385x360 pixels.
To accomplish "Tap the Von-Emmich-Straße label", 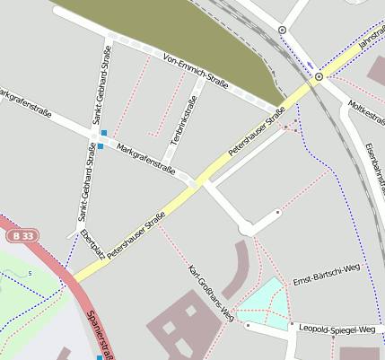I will coord(197,72).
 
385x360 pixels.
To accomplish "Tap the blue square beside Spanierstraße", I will coord(100,357).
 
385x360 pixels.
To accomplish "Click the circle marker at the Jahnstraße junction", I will coord(318,77).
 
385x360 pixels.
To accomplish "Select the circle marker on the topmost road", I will coord(283,30).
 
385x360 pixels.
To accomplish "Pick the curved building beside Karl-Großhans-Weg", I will coord(238,268).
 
